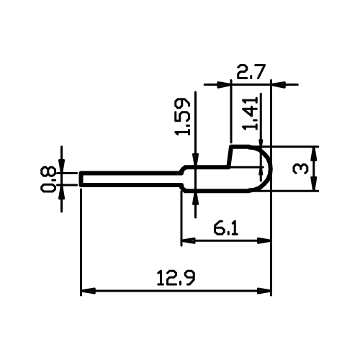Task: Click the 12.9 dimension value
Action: (x=176, y=278)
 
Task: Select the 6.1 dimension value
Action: (x=225, y=229)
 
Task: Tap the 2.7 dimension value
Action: (x=251, y=72)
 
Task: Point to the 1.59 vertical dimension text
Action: (x=183, y=117)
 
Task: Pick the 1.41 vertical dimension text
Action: (x=251, y=113)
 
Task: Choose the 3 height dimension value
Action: (x=300, y=168)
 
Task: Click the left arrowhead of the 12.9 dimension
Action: (x=88, y=291)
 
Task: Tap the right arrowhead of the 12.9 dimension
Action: (x=264, y=291)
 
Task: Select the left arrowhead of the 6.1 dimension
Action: (x=189, y=240)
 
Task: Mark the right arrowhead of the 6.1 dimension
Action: (x=264, y=240)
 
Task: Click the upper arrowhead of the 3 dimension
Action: (x=313, y=153)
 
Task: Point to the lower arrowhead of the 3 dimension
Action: (x=313, y=184)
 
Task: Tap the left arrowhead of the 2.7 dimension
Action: (x=224, y=84)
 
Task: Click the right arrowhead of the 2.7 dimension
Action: (x=279, y=84)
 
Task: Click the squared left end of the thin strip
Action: (x=81, y=179)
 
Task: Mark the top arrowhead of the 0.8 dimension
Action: (x=62, y=165)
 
